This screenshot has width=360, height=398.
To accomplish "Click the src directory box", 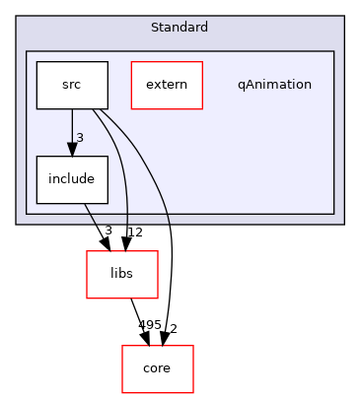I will [72, 85].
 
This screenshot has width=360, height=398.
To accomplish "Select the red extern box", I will [167, 85].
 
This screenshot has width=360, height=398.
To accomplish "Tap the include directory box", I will [72, 179].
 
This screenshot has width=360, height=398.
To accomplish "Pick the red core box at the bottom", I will [157, 368].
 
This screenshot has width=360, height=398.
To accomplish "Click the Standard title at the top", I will [180, 26].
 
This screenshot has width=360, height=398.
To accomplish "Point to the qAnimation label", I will [274, 85].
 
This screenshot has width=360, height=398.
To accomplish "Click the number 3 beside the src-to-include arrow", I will [80, 137].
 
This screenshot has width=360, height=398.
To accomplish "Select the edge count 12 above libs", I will [135, 232].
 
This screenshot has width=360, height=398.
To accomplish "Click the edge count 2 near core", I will [173, 326].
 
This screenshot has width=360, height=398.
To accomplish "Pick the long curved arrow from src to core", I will [169, 227].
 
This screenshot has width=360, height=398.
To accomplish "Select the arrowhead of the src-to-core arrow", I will [165, 338].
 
